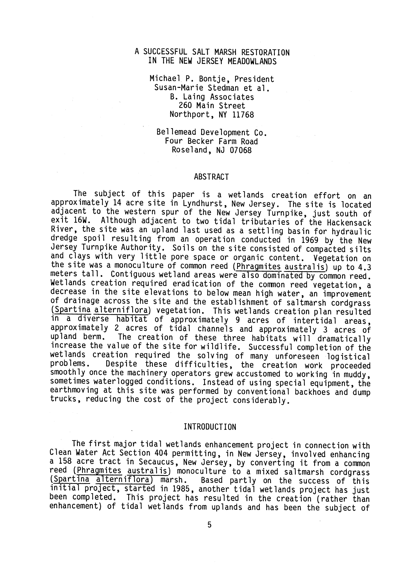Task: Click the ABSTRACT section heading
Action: point(211,177)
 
